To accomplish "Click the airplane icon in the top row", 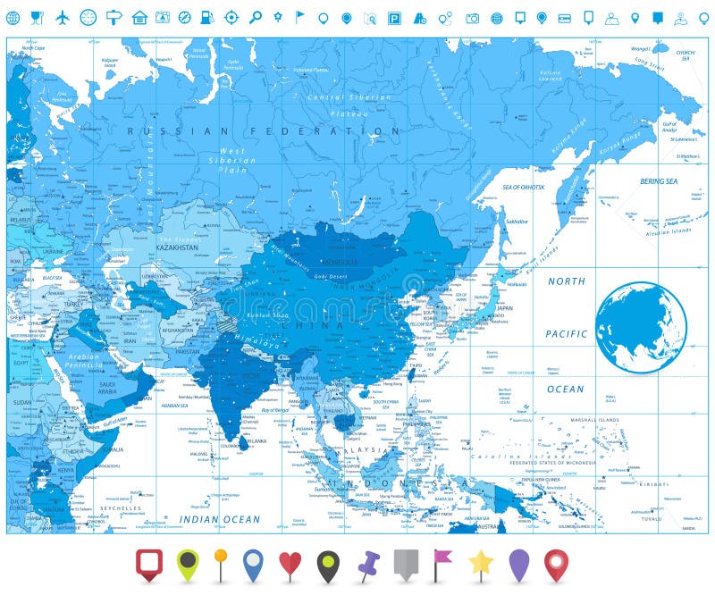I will point(63,17).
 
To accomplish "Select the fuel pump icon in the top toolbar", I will point(207,17).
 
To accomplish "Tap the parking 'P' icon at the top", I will point(394,18).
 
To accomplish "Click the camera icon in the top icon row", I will point(472,18).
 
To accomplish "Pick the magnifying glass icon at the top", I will point(255,17).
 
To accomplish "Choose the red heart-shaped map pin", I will point(290,564).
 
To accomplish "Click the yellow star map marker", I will point(481,562).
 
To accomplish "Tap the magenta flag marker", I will point(442,562).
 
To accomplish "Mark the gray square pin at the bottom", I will point(406,563).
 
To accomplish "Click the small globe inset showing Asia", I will point(641,327).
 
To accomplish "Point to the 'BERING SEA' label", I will point(658,181).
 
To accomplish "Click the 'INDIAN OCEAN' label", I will point(220,519).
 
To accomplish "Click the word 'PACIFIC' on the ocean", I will point(567,334).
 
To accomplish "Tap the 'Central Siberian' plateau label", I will point(338,96).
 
